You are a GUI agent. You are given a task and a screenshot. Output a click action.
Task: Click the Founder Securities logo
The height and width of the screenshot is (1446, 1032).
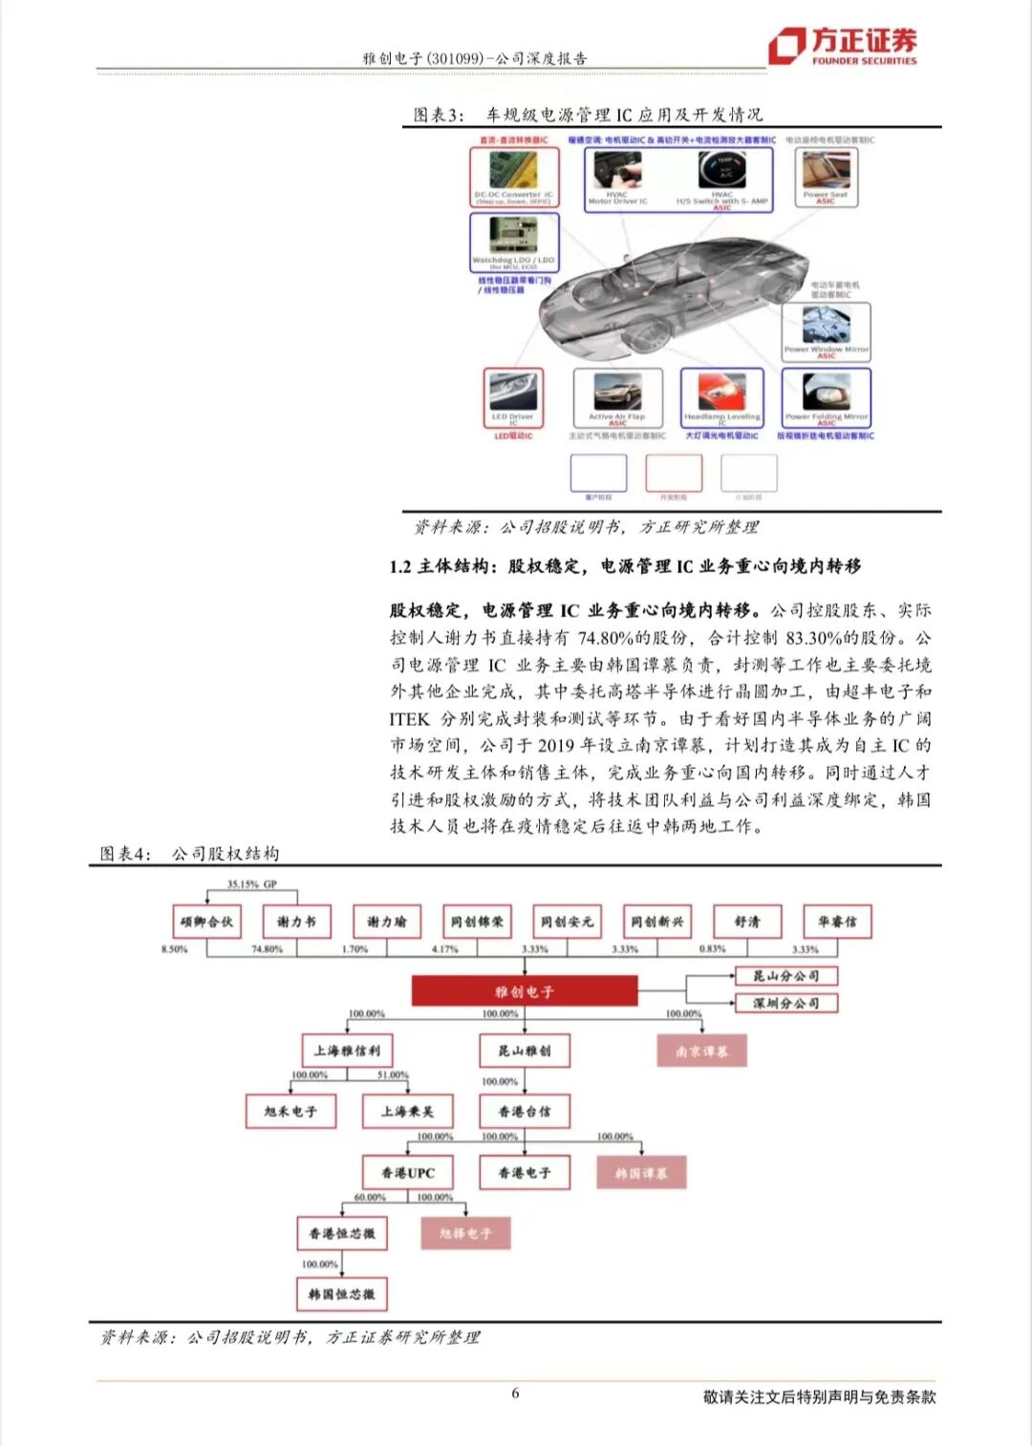click(842, 45)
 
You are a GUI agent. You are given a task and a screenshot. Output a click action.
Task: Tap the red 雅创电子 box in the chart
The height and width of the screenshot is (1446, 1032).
click(524, 991)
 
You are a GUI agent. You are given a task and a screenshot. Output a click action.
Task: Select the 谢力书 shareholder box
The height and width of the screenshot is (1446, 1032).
click(296, 922)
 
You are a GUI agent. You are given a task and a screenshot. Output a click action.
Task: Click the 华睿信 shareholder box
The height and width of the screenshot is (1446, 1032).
click(837, 922)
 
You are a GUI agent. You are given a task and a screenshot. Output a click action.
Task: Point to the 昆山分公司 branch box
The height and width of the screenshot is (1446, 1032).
click(785, 976)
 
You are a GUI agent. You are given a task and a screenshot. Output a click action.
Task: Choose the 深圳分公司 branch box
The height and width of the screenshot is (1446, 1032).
click(785, 1003)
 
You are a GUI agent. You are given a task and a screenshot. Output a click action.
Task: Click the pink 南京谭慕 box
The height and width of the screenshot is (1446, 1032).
click(701, 1051)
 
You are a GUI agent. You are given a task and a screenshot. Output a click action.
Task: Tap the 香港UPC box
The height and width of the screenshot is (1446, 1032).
click(408, 1173)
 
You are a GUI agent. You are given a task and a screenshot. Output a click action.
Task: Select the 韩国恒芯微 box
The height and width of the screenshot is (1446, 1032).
click(341, 1294)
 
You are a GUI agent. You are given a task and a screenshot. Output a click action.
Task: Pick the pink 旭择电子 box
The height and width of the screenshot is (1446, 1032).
click(465, 1233)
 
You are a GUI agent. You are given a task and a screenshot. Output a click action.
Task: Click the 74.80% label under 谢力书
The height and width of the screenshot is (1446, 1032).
click(267, 949)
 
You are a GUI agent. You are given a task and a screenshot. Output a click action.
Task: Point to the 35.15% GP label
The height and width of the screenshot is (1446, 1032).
click(251, 884)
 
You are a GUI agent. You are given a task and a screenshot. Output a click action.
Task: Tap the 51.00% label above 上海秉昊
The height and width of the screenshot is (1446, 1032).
click(392, 1075)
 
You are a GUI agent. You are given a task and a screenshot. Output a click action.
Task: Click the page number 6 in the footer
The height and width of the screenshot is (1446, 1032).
click(515, 1393)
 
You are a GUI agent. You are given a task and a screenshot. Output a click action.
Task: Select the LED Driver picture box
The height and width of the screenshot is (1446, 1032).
click(513, 396)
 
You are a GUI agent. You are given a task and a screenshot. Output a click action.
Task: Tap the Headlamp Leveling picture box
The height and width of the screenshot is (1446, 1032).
click(721, 396)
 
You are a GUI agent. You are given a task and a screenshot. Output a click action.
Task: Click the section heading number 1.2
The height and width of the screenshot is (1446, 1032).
click(399, 566)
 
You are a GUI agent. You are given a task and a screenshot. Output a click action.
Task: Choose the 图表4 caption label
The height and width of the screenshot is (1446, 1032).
click(124, 854)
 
